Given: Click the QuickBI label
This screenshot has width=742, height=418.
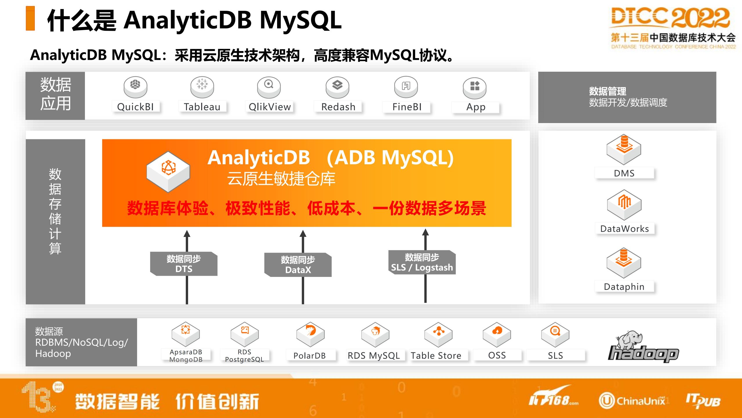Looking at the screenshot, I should (135, 107).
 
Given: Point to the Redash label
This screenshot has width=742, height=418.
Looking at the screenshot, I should (338, 107).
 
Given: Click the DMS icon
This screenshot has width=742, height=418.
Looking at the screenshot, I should (624, 149).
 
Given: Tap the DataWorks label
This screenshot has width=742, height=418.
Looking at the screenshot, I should (625, 229).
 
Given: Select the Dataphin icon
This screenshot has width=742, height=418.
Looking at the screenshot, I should (624, 263).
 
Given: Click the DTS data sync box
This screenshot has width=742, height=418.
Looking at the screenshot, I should (184, 264).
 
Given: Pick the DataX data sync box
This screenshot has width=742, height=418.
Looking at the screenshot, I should (298, 265).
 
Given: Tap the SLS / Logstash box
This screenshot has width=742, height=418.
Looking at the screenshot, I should (422, 262).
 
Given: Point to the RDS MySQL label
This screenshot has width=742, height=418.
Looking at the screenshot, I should (374, 356).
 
